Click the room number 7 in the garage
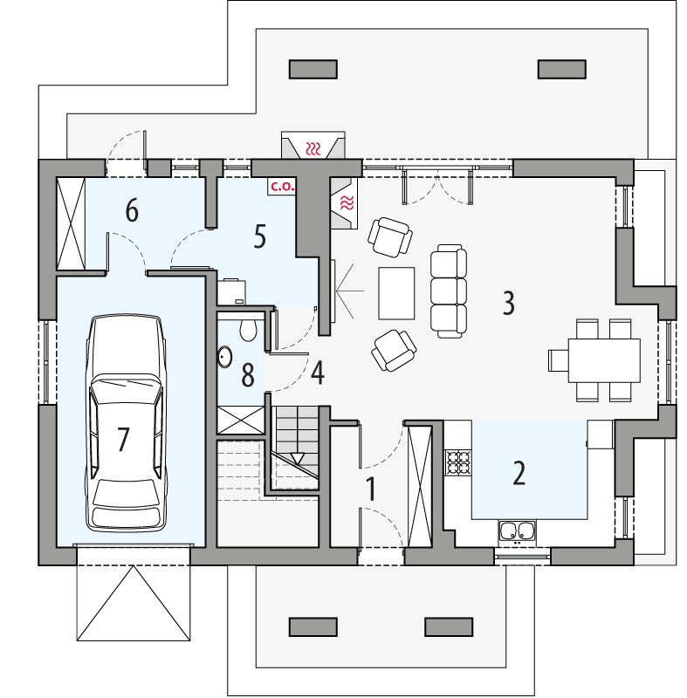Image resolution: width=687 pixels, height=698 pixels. pos(123,440)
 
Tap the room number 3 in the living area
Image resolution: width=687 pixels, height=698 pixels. pos(508,303)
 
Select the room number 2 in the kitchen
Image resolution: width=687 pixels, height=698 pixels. pos(519,473)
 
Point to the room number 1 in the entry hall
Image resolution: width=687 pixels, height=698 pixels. pos(370,489)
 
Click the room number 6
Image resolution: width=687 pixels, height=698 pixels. pos(132,210)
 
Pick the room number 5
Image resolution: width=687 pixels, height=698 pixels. pos(259,236)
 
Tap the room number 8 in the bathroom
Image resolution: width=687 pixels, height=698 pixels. pos(248,375)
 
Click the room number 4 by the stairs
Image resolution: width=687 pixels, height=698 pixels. pos(317,373)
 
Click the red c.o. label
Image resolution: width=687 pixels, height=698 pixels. pos(280,186)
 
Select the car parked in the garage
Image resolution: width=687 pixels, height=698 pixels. pos(127,423)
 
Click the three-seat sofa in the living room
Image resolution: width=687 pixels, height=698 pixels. pos(450,291)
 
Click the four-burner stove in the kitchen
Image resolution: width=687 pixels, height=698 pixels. pos(458,462)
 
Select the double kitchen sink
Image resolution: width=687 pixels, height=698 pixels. pos(518,530)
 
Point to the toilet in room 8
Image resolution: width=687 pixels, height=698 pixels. pos(248,328)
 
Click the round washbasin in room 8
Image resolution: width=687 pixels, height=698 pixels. pos(225,357)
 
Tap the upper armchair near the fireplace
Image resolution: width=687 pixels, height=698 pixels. pos(389,236)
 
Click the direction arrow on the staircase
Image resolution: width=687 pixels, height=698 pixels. pos(298,457)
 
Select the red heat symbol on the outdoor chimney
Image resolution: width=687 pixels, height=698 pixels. pos(313,147)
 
